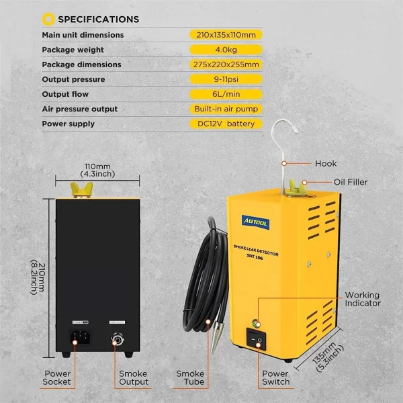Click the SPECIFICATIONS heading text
pos(99,19)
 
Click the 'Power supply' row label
pos(68,124)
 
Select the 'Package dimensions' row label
pos(81,64)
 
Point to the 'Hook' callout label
pos(325,163)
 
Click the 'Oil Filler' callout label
pos(351,181)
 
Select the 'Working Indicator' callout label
pos(362,300)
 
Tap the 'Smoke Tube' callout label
pos(190,377)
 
